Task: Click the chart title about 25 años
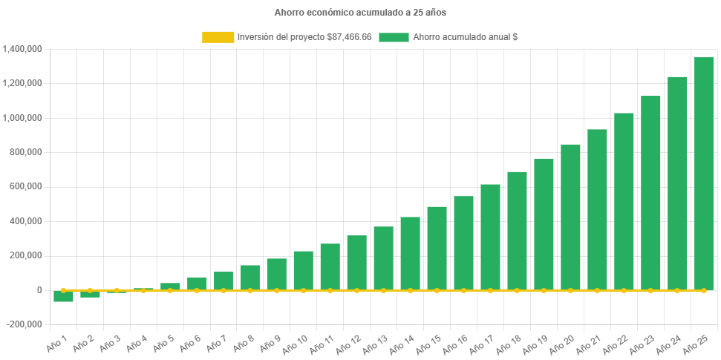coord(360,13)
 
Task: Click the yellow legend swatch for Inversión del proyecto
coord(217,36)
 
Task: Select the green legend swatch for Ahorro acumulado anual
coord(394,36)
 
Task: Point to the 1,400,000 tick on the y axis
coord(22,49)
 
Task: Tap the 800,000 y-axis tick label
coord(26,152)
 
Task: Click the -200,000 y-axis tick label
coord(25,324)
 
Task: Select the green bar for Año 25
coord(704,174)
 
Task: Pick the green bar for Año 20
coord(570,217)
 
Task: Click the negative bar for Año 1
coord(63,296)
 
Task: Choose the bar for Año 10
coord(303,270)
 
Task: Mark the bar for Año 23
coord(650,193)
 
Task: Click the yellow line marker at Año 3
coord(117,290)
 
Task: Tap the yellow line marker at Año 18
coord(517,290)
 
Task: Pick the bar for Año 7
coord(223,281)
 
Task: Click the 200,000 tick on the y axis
coord(26,255)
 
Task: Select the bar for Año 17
coord(490,237)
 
